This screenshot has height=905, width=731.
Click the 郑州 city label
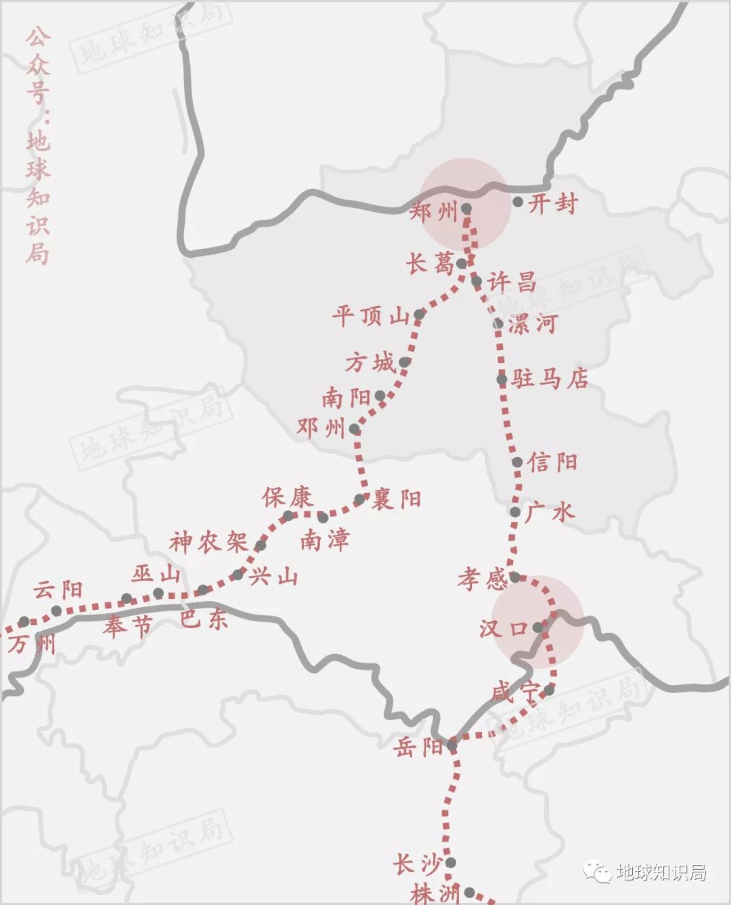coord(435,213)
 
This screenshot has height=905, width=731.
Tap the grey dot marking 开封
coord(518,202)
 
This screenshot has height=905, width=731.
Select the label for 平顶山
coord(371,315)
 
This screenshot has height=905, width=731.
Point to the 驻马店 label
coord(550,378)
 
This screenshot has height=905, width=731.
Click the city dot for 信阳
coord(517,462)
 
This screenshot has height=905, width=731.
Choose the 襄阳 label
coord(397,500)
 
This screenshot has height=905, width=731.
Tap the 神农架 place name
coord(208,542)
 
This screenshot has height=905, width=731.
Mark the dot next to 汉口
coord(538,627)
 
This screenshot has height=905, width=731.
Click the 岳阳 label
coord(418,747)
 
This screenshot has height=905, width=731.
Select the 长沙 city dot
coord(450,862)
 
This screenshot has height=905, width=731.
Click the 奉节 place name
coord(128,626)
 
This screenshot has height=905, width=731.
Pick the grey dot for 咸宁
coord(548,690)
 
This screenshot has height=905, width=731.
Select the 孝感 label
coord(483,579)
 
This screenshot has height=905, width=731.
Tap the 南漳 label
coord(325,539)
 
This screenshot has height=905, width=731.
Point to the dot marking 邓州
coord(354,428)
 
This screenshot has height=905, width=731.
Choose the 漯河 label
coord(533,324)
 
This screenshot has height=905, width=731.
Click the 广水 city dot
coord(515,512)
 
